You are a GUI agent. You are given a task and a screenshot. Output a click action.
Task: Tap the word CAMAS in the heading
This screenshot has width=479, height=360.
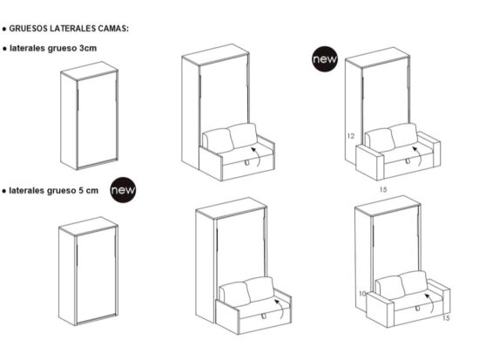coord(113,29)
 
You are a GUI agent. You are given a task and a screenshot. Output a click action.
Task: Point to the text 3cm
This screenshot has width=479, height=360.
coord(88,48)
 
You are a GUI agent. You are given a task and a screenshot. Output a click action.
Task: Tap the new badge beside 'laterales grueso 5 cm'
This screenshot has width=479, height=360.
coord(123,190)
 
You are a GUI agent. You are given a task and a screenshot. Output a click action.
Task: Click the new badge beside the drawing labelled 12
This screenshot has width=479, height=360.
coord(325,59)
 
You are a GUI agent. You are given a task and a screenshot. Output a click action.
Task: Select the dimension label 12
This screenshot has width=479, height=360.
coord(351,136)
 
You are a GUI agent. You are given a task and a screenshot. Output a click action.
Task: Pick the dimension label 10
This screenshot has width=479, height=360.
coord(362,294)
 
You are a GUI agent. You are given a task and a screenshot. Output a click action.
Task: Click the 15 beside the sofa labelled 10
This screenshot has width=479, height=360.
coord(446,318)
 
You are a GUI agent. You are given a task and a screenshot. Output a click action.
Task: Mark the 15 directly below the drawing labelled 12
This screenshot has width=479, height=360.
coord(383,190)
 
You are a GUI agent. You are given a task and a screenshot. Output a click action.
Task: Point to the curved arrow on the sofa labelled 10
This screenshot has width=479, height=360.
coord(431,302)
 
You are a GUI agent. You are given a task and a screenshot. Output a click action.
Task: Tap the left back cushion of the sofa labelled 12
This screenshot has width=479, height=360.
coord(380,140)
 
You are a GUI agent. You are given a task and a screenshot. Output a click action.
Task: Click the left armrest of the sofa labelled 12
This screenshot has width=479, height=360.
coord(369,162)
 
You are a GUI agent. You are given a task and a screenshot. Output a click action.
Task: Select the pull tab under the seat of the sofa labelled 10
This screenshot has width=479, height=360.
coord(417,309)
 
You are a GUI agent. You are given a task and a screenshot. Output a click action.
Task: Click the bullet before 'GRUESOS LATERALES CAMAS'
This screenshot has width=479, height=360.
coord(4,29)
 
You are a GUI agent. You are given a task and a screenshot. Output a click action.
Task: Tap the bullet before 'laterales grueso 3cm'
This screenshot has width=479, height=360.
coord(4,49)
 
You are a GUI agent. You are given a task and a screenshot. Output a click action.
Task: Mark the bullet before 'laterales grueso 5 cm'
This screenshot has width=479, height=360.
coord(4,191)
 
